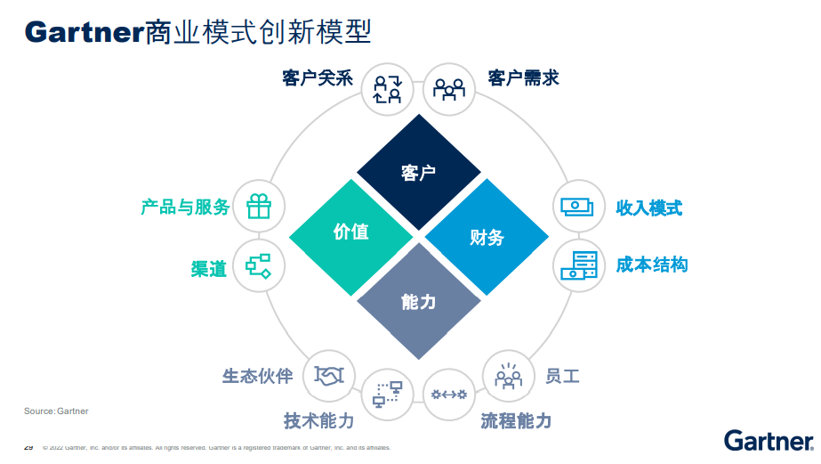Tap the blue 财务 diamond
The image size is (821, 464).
[x=487, y=236]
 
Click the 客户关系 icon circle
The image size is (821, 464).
[x=388, y=87]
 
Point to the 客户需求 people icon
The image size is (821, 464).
[x=448, y=87]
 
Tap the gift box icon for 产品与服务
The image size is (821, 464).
[x=259, y=207]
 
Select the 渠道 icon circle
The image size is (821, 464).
[x=259, y=265]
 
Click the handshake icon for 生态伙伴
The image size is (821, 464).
[x=329, y=375]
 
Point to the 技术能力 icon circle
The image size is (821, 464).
[x=388, y=393]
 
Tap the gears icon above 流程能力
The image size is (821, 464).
[x=448, y=394]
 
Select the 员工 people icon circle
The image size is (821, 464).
[x=508, y=375]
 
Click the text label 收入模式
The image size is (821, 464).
[x=649, y=208]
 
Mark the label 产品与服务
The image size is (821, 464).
[x=185, y=208]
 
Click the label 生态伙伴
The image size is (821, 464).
[x=257, y=376]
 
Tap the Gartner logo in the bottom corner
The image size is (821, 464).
[x=769, y=440]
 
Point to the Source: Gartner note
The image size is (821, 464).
[x=56, y=411]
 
